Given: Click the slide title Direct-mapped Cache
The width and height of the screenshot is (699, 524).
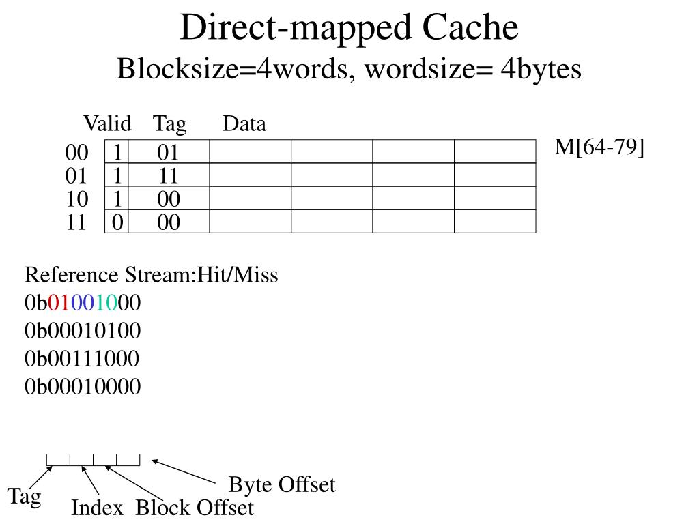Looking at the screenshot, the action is [x=349, y=28].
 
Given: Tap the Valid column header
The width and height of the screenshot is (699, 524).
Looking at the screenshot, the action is [x=107, y=124].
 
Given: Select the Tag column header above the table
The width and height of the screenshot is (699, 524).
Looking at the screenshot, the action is [x=169, y=124].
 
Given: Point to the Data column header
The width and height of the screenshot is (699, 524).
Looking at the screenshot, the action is [x=244, y=124].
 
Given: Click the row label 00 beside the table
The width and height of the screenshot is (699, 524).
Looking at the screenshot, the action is [x=76, y=152].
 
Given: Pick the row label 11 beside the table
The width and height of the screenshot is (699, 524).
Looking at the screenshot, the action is [x=76, y=222].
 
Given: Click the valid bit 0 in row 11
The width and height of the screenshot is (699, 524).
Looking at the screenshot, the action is [x=117, y=222].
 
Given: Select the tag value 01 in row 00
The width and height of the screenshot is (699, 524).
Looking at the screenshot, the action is [x=169, y=152].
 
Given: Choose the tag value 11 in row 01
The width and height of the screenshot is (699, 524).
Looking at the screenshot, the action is [x=169, y=176].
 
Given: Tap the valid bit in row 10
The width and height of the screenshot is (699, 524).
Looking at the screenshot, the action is [x=117, y=199].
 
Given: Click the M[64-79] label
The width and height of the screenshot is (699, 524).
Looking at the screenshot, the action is [x=599, y=147].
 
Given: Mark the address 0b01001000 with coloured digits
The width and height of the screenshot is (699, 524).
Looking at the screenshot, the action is [x=83, y=303].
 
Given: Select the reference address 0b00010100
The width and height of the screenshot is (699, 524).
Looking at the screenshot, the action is [x=83, y=331].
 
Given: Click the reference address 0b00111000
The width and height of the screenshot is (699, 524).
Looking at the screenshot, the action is [x=83, y=359].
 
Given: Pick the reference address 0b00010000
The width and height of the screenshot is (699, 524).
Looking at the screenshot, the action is [x=83, y=387].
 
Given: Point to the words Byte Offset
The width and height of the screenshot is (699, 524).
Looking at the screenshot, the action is [x=282, y=485].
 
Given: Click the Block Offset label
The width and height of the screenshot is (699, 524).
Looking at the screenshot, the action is [x=195, y=508].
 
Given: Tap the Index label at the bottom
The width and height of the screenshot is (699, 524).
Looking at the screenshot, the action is [x=98, y=508].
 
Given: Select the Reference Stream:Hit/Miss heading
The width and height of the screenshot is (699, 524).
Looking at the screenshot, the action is [x=152, y=276].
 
